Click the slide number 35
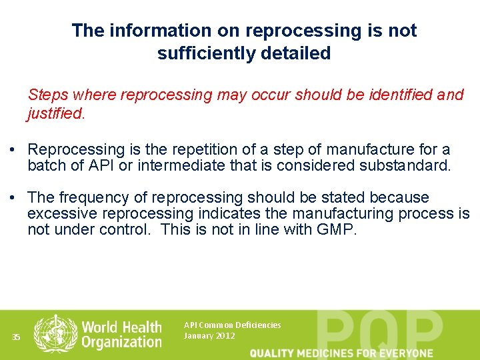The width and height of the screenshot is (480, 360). pos(16,337)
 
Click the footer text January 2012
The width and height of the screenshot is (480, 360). pos(209,336)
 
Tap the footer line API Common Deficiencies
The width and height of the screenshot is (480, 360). pos(232,325)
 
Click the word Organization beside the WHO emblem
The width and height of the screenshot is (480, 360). pos(122,342)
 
